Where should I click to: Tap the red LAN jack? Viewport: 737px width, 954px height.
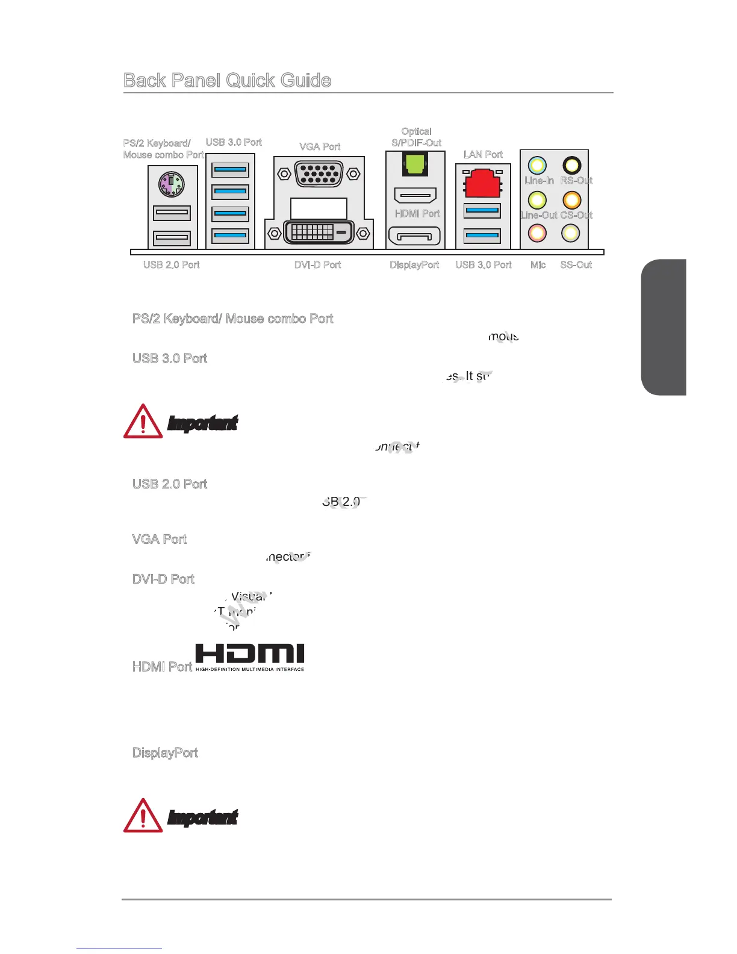pyautogui.click(x=483, y=183)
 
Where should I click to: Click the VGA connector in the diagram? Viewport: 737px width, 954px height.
pyautogui.click(x=319, y=174)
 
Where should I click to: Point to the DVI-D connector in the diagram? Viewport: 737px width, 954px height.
pyautogui.click(x=319, y=232)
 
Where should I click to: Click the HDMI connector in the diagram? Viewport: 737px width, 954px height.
pyautogui.click(x=415, y=195)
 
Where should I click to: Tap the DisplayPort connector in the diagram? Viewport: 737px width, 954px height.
pyautogui.click(x=415, y=236)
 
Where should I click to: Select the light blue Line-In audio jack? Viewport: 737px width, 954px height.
pyautogui.click(x=537, y=165)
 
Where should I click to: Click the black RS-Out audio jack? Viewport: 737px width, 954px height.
pyautogui.click(x=571, y=165)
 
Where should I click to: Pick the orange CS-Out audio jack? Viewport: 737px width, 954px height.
pyautogui.click(x=571, y=199)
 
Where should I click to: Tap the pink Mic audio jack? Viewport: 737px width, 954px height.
pyautogui.click(x=537, y=232)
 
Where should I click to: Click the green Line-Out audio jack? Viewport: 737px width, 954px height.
pyautogui.click(x=537, y=199)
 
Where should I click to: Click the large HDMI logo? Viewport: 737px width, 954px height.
pyautogui.click(x=250, y=656)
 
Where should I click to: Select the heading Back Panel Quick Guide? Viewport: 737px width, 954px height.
pyautogui.click(x=227, y=81)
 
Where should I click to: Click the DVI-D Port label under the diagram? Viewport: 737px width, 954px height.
pyautogui.click(x=318, y=265)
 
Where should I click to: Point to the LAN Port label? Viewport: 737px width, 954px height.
pyautogui.click(x=483, y=155)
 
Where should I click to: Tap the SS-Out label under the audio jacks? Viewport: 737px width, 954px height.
pyautogui.click(x=576, y=265)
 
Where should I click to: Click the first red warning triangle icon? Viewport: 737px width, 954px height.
pyautogui.click(x=143, y=422)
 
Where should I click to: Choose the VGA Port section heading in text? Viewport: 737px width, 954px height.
pyautogui.click(x=160, y=540)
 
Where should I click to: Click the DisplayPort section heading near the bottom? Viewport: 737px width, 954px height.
pyautogui.click(x=165, y=753)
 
